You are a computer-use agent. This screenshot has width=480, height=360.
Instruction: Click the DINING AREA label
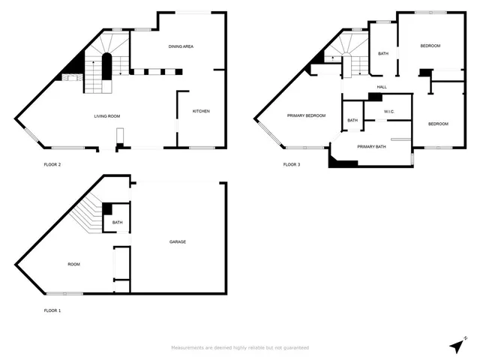click(x=181, y=46)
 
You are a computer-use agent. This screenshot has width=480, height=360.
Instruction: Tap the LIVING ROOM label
click(x=107, y=116)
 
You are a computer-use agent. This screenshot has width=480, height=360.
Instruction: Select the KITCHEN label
click(x=201, y=111)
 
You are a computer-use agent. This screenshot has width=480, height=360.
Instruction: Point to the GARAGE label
click(x=178, y=241)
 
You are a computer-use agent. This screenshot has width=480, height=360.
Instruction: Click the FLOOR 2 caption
click(x=52, y=164)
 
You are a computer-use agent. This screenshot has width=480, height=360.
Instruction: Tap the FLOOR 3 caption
click(x=292, y=164)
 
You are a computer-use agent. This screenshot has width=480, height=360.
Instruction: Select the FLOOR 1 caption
click(x=52, y=310)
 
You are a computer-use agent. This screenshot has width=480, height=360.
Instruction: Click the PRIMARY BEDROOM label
click(x=307, y=115)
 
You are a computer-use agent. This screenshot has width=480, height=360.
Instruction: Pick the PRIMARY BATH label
click(x=371, y=147)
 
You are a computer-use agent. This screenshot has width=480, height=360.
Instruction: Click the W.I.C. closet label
click(x=388, y=112)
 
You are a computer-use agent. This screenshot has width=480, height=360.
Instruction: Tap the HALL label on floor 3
click(x=382, y=87)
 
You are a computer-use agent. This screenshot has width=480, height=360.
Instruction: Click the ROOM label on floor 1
click(x=73, y=264)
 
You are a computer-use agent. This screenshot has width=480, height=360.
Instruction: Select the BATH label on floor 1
click(x=118, y=222)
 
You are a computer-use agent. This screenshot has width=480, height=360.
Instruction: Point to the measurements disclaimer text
click(x=240, y=347)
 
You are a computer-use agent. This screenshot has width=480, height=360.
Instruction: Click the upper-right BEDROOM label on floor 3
click(x=430, y=46)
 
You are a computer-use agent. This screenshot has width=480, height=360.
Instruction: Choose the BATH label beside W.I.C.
click(x=352, y=120)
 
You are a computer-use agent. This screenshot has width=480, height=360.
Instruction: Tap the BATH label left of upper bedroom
click(x=382, y=53)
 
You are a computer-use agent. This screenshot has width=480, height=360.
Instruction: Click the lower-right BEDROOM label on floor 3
click(x=438, y=123)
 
